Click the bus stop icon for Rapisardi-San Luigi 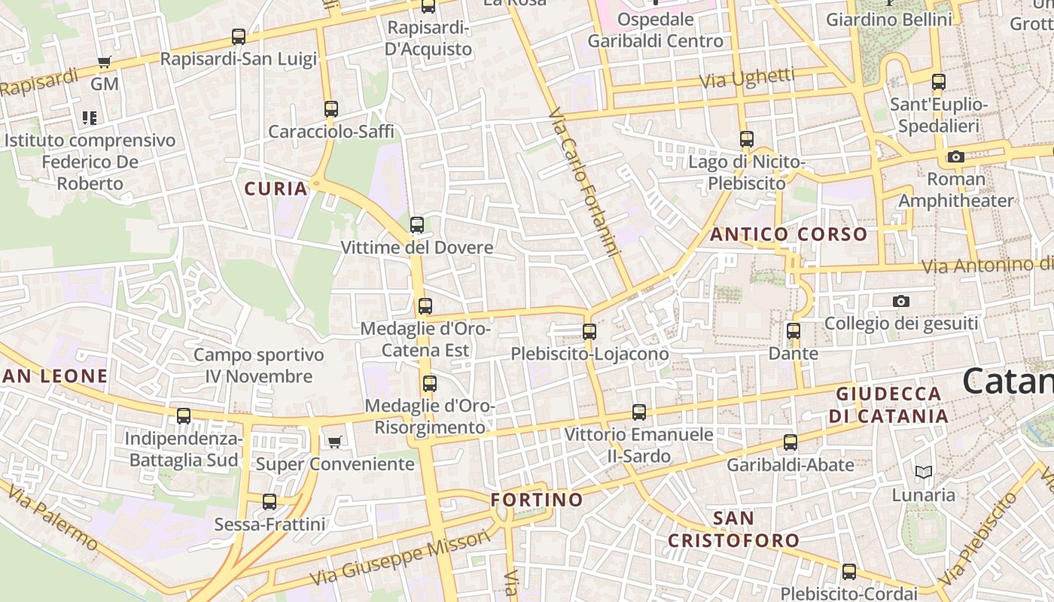(x=239, y=36)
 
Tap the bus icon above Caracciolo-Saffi (x=331, y=108)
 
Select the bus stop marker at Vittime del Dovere (x=417, y=224)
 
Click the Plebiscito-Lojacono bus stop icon (x=589, y=331)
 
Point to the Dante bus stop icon (x=794, y=330)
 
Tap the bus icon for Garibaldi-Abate (x=790, y=442)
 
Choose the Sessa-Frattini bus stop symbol (x=270, y=501)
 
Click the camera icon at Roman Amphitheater (x=956, y=157)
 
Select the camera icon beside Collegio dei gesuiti (x=900, y=301)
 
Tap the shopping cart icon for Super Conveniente (x=334, y=442)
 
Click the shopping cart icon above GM (x=105, y=62)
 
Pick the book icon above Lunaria (x=924, y=473)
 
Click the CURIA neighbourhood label (x=276, y=189)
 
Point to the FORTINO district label (x=537, y=500)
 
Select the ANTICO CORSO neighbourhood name (x=789, y=234)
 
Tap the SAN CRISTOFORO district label (x=734, y=529)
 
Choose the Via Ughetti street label (x=747, y=78)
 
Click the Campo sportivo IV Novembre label (x=259, y=366)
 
